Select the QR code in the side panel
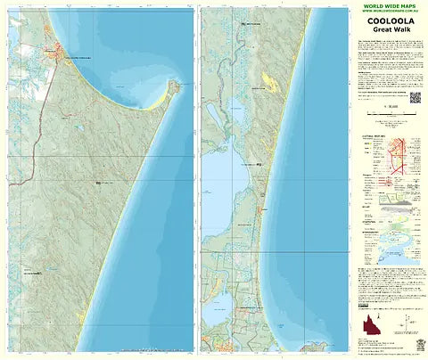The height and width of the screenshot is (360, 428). coord(415,96)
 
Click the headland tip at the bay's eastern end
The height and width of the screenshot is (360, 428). coord(177,86)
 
